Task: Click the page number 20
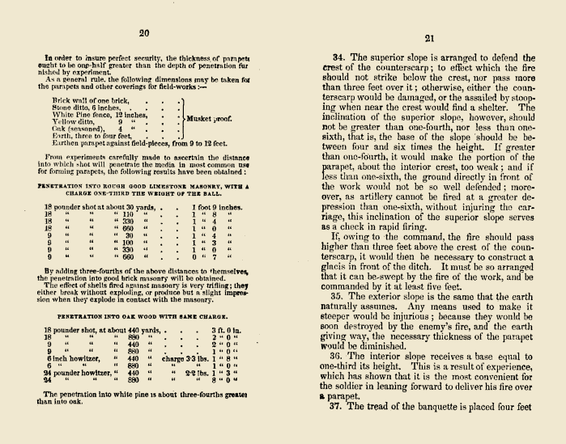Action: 145,33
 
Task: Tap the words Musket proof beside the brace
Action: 210,118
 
